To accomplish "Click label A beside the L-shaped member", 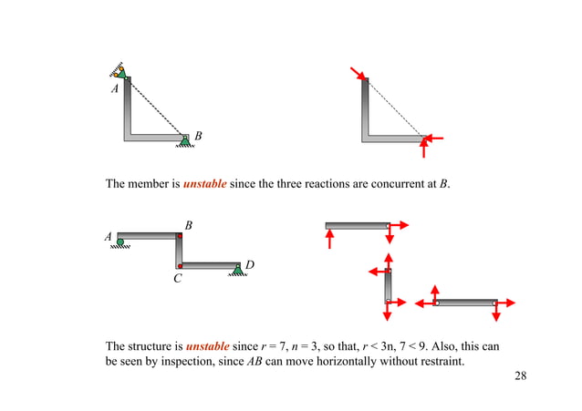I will pos(115,90).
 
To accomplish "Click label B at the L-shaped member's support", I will pos(198,137).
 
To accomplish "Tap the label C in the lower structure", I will pos(179,279).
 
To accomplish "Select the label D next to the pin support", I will pos(248,265).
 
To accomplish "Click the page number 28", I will pos(521,375).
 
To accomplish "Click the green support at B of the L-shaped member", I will pos(185,139).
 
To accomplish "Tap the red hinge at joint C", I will pos(181,266).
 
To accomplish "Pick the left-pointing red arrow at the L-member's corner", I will pos(435,139).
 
